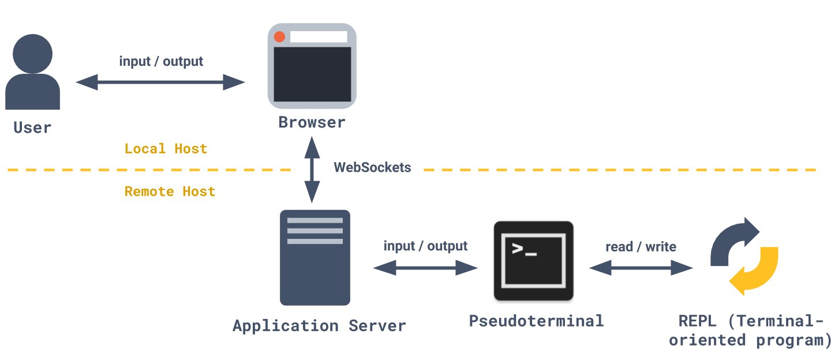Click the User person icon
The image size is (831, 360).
[x=33, y=72]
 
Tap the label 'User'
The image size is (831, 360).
[x=32, y=127]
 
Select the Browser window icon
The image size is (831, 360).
[x=312, y=66]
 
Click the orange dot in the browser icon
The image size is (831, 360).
[x=280, y=37]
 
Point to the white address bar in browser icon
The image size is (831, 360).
[x=319, y=37]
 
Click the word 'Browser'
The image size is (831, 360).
[x=312, y=122]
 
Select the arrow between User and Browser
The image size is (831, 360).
[x=160, y=82]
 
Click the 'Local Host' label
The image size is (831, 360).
[x=166, y=149]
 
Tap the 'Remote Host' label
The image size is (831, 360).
[x=170, y=192]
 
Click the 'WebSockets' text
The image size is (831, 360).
[x=372, y=168]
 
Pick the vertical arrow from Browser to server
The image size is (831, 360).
[x=312, y=170]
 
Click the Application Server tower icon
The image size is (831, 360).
[x=315, y=257]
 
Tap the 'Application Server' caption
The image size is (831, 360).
[x=319, y=325]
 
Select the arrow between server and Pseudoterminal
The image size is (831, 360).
[x=426, y=268]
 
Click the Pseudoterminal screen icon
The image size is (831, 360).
[x=533, y=261]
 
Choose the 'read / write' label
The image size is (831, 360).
[x=641, y=247]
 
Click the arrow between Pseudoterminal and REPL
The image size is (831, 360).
[x=641, y=268]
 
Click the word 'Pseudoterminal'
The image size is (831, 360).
[x=536, y=321]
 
